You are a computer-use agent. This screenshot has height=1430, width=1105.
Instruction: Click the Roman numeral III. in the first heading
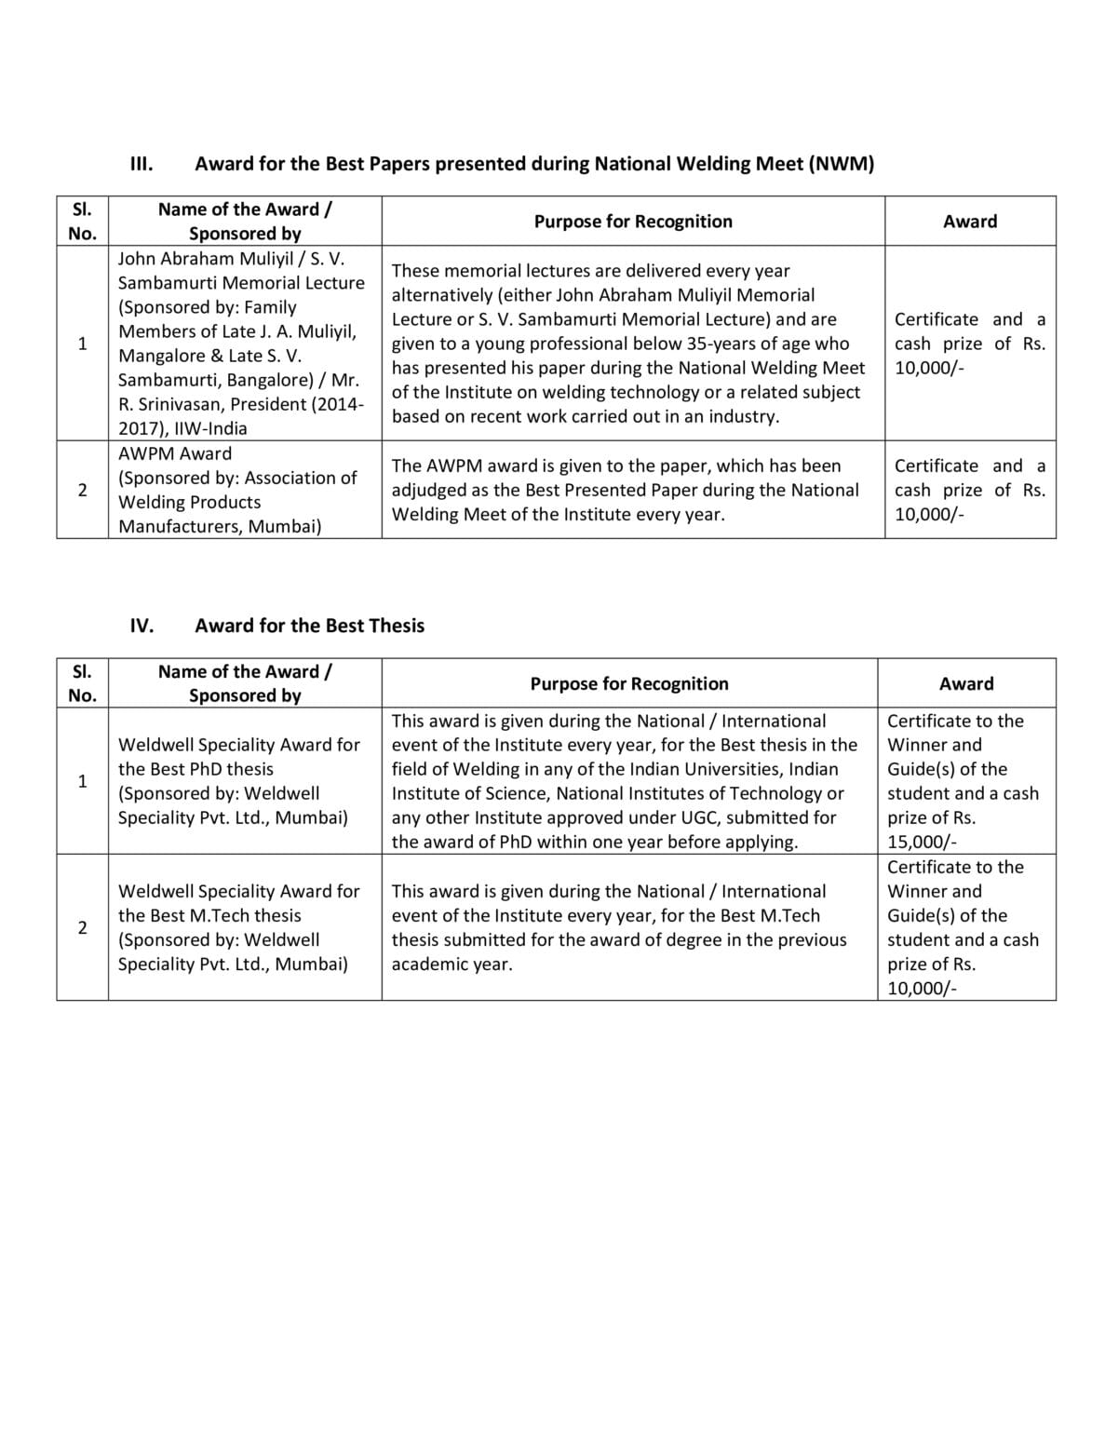point(141,164)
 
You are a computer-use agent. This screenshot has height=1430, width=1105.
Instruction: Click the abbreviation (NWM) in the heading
point(841,164)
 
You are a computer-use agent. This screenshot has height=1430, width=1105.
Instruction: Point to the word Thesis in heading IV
point(396,626)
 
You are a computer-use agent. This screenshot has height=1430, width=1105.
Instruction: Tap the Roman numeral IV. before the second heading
point(141,626)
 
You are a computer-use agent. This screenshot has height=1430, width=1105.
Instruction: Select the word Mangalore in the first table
point(157,356)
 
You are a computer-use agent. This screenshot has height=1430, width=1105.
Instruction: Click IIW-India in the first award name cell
point(210,428)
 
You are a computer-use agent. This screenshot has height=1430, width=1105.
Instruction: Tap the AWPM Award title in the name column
point(175,453)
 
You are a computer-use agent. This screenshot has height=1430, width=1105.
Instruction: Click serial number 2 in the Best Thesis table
point(82,927)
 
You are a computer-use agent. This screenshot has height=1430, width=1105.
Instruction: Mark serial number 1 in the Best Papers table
point(82,344)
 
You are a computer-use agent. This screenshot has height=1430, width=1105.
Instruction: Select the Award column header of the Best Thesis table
point(966,683)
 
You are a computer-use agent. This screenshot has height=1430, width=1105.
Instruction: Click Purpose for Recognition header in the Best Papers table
point(633,221)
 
